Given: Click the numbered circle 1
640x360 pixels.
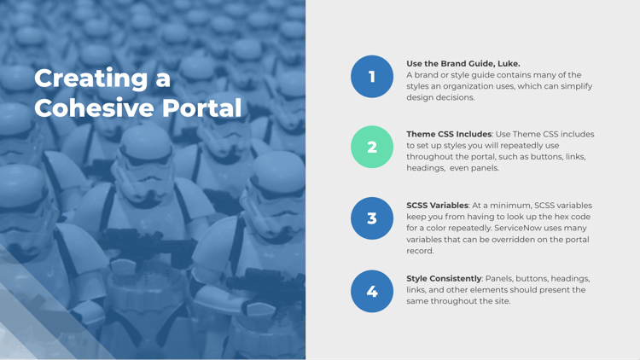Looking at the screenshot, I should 372,77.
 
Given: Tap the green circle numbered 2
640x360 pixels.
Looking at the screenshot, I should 372,147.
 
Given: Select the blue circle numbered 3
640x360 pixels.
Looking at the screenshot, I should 372,218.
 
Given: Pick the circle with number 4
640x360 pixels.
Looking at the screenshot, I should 372,291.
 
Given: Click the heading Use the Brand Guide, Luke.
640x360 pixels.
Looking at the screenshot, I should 463,63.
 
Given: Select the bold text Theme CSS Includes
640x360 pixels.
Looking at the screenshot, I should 449,134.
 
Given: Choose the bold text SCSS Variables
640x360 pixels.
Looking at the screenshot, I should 437,206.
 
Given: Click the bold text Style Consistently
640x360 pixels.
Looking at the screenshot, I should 444,278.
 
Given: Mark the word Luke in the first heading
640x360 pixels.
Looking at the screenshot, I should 507,63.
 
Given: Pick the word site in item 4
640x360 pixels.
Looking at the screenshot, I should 500,301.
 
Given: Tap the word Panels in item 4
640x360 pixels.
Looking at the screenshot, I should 500,278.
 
